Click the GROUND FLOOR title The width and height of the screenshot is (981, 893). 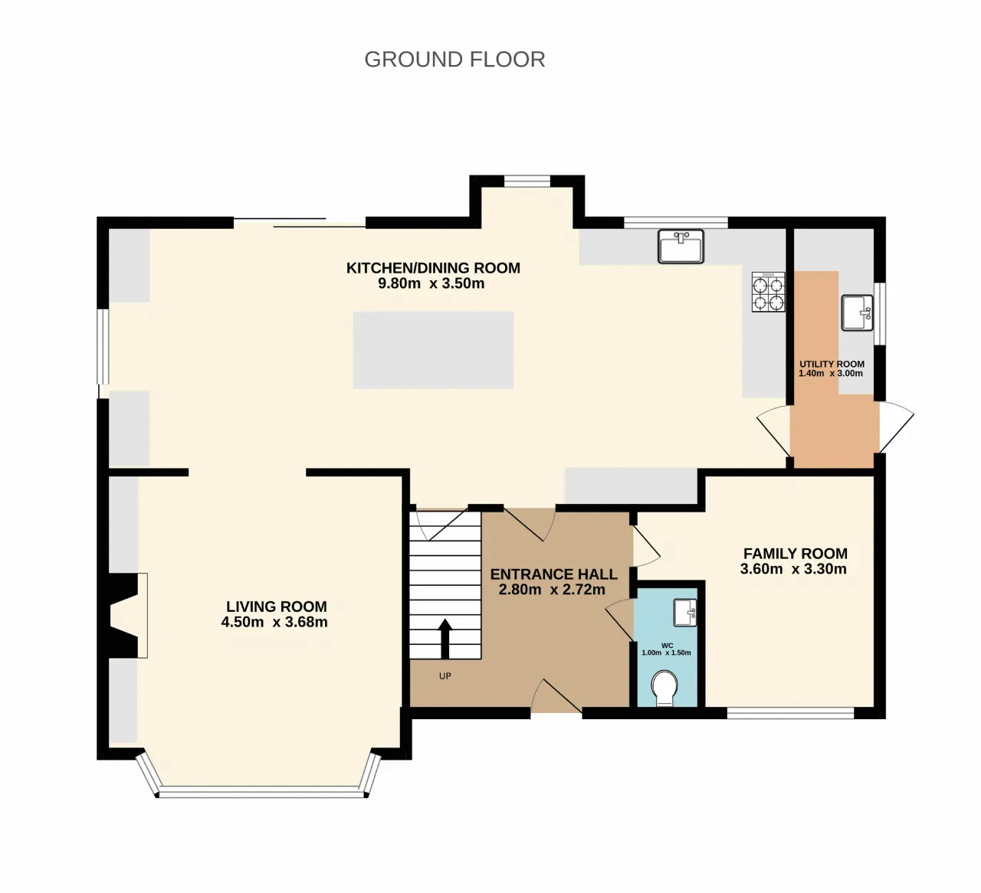tap(454, 60)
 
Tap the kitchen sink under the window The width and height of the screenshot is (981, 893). tap(681, 247)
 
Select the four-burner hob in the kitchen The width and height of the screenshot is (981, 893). tap(768, 292)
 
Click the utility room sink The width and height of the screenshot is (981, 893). tap(857, 312)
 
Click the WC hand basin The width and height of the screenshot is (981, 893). tap(685, 613)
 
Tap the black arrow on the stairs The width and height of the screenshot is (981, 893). tap(445, 638)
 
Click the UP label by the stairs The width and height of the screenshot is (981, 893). tap(445, 676)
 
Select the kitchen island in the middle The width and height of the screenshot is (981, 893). tap(433, 351)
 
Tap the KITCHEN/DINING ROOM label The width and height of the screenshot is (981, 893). tap(433, 268)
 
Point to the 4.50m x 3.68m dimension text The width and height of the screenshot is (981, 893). tap(274, 622)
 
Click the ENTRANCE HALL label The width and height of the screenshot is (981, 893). tap(553, 574)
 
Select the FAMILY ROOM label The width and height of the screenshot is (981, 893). tap(796, 553)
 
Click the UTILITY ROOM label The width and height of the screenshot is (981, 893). tap(832, 364)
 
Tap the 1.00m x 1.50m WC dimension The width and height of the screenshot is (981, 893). tap(666, 653)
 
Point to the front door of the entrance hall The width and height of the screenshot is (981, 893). tap(556, 696)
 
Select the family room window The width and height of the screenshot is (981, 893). tap(790, 713)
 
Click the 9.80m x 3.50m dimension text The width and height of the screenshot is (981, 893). tap(431, 283)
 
